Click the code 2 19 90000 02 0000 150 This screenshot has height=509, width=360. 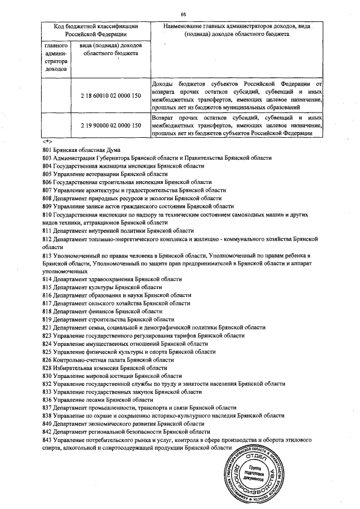[x=110, y=125]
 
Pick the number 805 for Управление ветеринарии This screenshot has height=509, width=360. [x=47, y=175]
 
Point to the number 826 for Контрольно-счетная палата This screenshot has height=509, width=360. [x=47, y=359]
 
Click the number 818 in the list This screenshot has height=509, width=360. [x=47, y=311]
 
